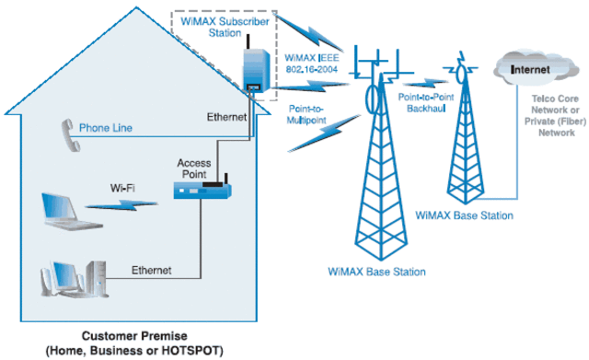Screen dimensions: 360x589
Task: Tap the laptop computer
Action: point(66,210)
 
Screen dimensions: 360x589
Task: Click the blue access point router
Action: point(202,192)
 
